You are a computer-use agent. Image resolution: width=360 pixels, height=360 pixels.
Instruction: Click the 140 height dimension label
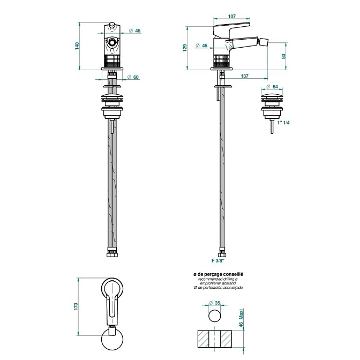click(x=77, y=46)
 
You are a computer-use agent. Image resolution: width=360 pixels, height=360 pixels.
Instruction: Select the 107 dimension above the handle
click(x=231, y=16)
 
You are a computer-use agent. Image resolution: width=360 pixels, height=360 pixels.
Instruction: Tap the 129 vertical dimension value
click(x=185, y=48)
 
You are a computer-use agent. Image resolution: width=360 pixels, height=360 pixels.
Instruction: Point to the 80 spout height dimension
click(x=283, y=56)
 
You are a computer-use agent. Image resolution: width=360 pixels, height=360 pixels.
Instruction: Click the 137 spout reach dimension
click(x=244, y=76)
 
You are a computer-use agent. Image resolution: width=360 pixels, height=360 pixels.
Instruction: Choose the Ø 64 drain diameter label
click(x=272, y=87)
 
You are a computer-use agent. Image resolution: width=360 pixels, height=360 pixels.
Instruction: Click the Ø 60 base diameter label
click(x=133, y=77)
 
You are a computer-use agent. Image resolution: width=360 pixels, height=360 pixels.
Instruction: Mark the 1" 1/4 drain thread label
click(x=283, y=123)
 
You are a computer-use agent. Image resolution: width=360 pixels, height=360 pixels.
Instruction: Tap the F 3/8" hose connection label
click(x=218, y=260)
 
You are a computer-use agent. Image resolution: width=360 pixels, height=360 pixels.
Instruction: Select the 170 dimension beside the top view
click(x=76, y=306)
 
